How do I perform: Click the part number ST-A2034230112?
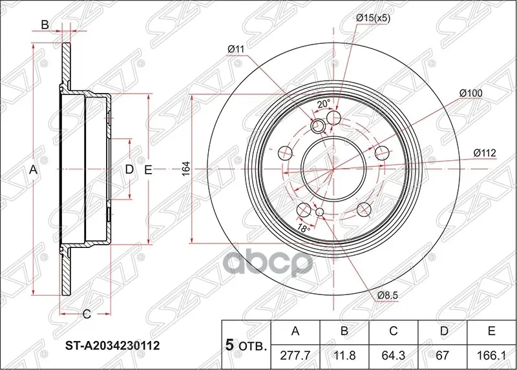[111, 345]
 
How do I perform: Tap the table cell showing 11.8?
[344, 355]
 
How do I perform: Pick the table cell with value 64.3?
[393, 355]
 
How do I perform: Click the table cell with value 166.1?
[491, 355]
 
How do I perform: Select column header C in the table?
[393, 332]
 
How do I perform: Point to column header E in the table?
[491, 332]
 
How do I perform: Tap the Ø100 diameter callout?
[470, 93]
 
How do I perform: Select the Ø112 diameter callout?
[483, 152]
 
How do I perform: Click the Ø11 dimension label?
[235, 48]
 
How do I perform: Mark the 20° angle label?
[324, 103]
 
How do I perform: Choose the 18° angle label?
[303, 229]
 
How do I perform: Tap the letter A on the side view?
[34, 170]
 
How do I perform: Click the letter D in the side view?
[129, 170]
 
